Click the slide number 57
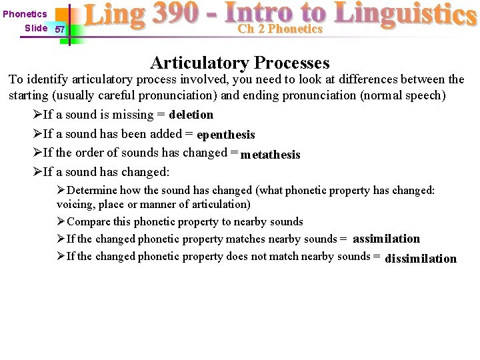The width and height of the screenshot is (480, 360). click(x=59, y=30)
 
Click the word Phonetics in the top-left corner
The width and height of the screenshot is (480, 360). click(x=25, y=14)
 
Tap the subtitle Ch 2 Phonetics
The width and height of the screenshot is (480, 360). click(x=280, y=29)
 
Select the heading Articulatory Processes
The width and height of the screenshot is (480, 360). click(x=240, y=63)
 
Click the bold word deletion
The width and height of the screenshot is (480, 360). click(x=191, y=115)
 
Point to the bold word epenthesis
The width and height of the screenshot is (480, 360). click(x=226, y=135)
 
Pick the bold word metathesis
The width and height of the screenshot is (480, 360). click(x=270, y=155)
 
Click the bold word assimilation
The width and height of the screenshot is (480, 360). click(x=386, y=239)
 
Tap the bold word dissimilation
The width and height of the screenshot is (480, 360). click(x=421, y=259)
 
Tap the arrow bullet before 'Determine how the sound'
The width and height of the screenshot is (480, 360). click(x=61, y=191)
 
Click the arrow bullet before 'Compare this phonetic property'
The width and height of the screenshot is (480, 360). click(x=61, y=222)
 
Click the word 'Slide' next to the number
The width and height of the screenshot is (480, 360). click(x=35, y=28)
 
